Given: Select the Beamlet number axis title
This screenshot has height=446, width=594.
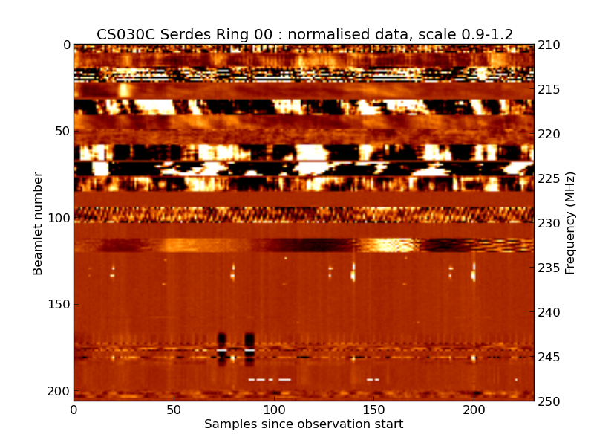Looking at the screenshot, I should tap(38, 223).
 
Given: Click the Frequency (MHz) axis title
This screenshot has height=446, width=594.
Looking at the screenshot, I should tap(570, 223).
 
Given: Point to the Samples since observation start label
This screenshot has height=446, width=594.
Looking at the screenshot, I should tap(304, 424).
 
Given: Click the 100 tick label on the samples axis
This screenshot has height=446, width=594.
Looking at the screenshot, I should tap(274, 410).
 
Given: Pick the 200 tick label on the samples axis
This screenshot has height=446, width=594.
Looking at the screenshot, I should tap(474, 410).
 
